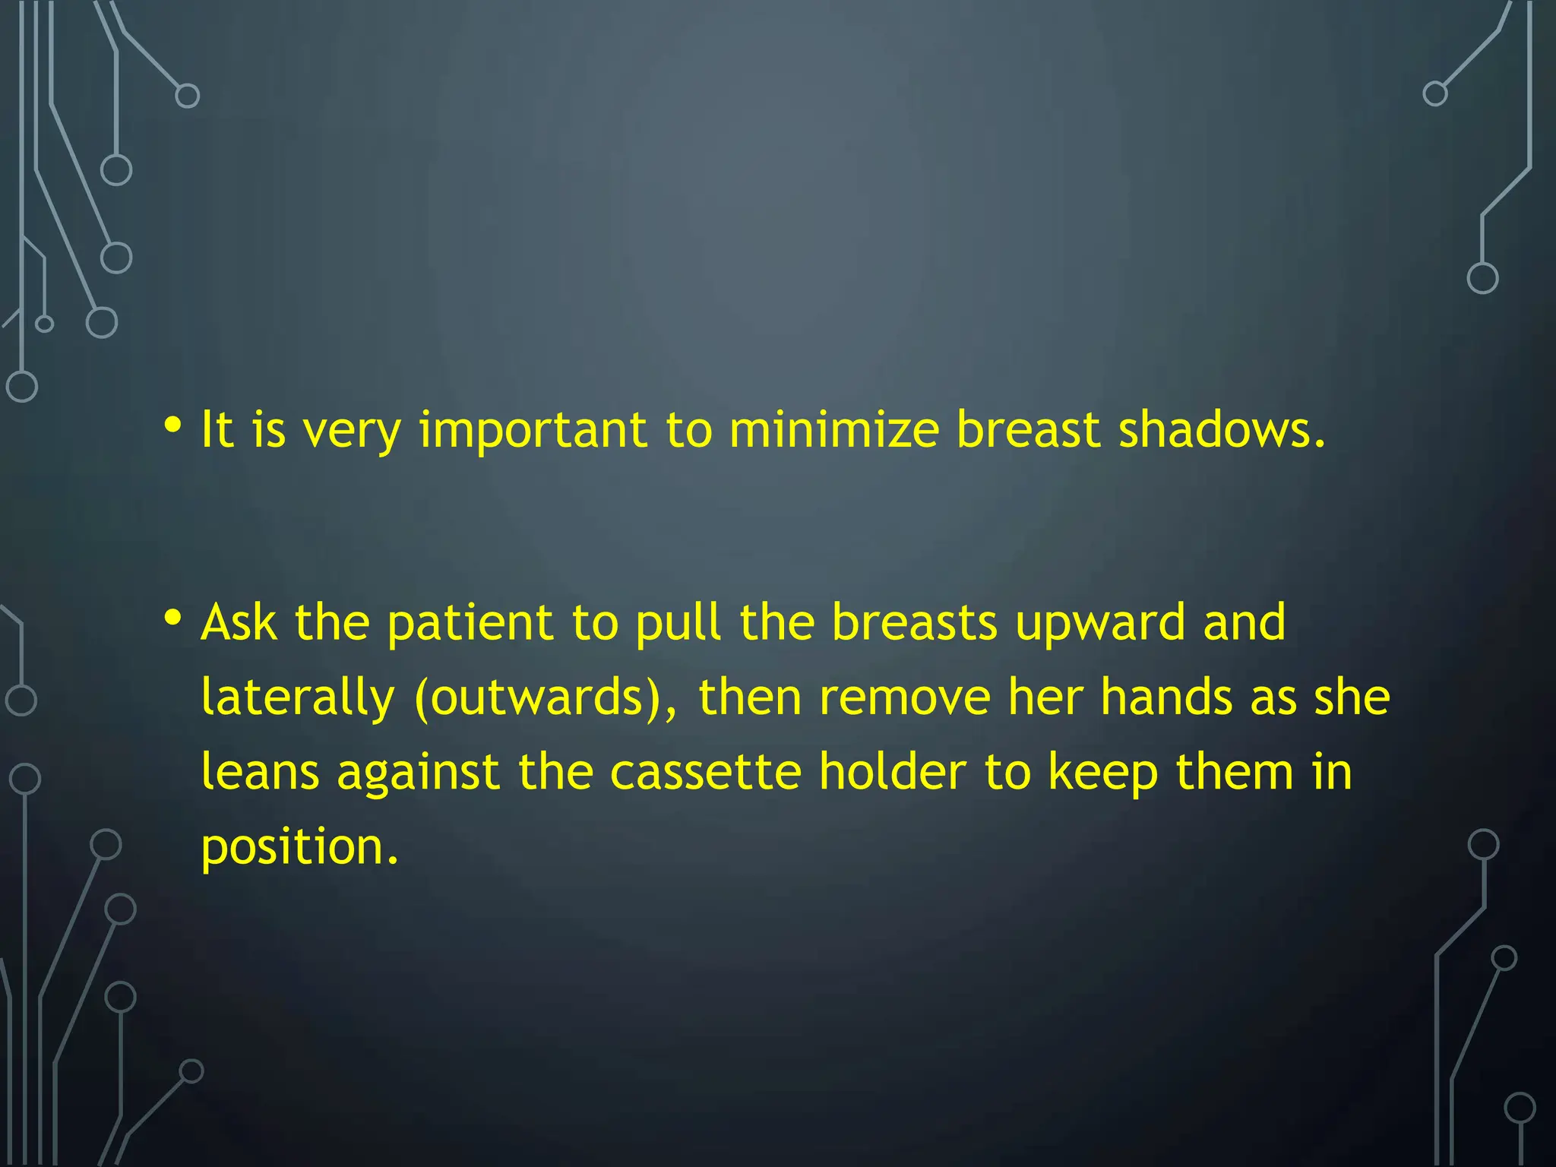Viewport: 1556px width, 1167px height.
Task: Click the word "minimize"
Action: pyautogui.click(x=833, y=430)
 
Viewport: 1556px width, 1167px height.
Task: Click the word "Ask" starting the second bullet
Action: pyautogui.click(x=239, y=622)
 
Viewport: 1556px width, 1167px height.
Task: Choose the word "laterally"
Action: pyautogui.click(x=298, y=698)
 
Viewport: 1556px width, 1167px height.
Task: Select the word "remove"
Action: pyautogui.click(x=905, y=698)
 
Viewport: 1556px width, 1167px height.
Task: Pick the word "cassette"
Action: pyautogui.click(x=705, y=772)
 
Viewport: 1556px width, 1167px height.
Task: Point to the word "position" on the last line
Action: pyautogui.click(x=299, y=848)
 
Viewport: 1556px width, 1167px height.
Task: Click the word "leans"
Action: pyautogui.click(x=260, y=772)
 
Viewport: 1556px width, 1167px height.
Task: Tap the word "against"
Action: pyautogui.click(x=418, y=773)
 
